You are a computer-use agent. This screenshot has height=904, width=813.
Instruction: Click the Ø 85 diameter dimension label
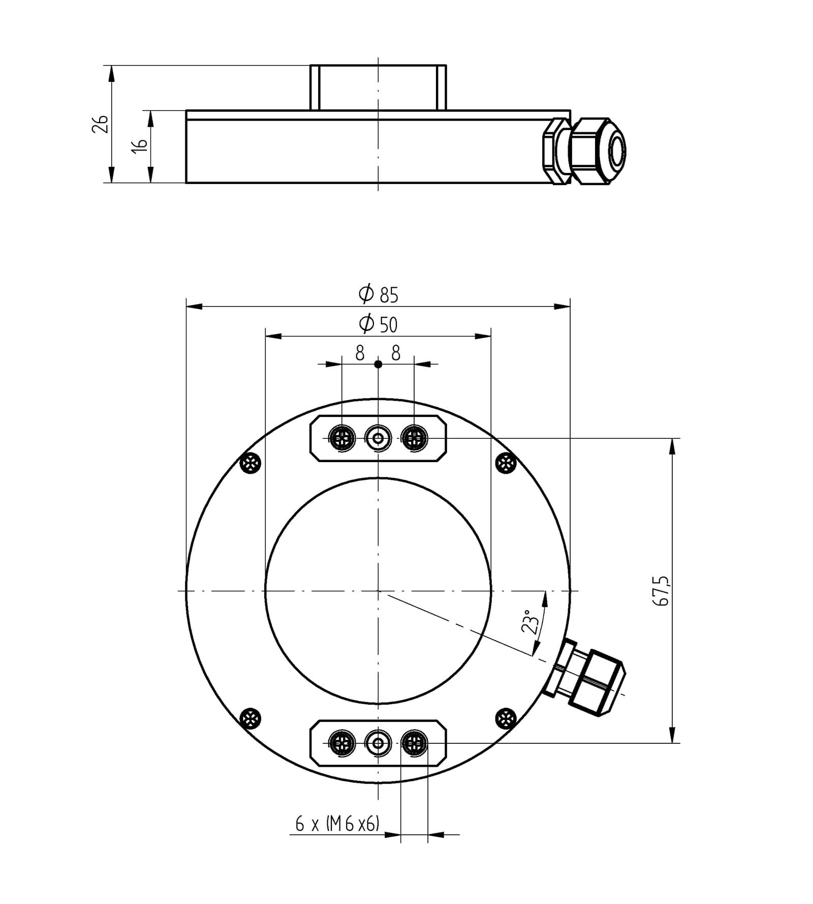pyautogui.click(x=379, y=294)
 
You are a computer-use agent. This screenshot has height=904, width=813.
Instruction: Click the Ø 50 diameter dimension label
pyautogui.click(x=379, y=324)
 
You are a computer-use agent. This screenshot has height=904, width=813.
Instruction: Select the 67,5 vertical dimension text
pyautogui.click(x=662, y=591)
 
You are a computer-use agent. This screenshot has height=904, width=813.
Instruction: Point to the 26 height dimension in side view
pyautogui.click(x=100, y=124)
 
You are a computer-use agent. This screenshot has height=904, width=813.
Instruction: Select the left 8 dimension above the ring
pyautogui.click(x=360, y=352)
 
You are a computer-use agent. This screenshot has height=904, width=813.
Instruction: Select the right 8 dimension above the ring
pyautogui.click(x=396, y=352)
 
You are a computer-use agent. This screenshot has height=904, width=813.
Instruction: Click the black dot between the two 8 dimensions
pyautogui.click(x=378, y=364)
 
